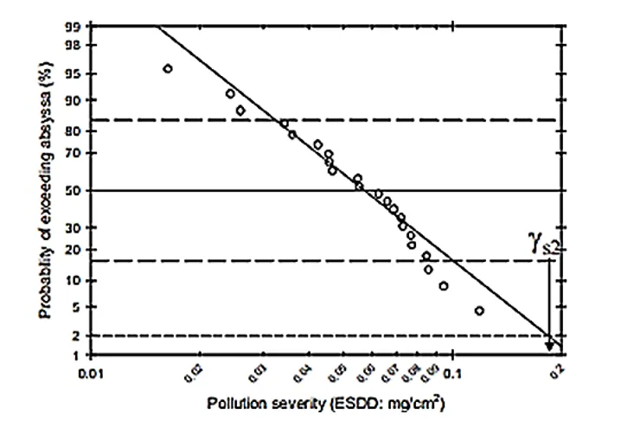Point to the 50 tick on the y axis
(x=76, y=190)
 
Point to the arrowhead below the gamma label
(x=549, y=347)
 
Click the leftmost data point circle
(x=168, y=68)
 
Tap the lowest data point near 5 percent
(x=479, y=310)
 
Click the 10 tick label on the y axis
(x=76, y=281)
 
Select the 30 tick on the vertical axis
(x=76, y=227)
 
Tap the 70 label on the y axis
(x=76, y=154)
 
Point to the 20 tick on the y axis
(x=76, y=251)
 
